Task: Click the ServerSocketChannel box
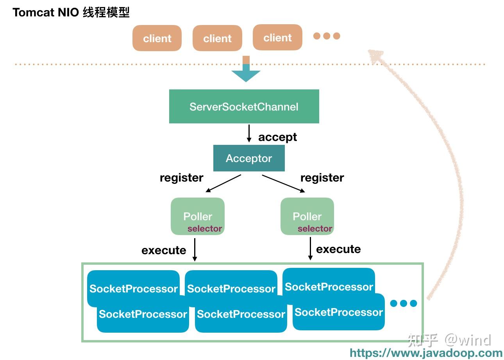[x=244, y=107]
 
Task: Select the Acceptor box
[x=249, y=159]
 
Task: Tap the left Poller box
[x=198, y=216]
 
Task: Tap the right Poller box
[x=307, y=216]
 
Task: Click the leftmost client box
[x=157, y=38]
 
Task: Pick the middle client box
[x=217, y=38]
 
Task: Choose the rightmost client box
[x=277, y=37]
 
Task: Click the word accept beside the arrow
[x=277, y=137]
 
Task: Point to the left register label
[x=181, y=178]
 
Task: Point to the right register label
[x=322, y=178]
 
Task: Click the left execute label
[x=164, y=250]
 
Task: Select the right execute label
[x=338, y=249]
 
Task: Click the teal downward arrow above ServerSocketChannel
[x=246, y=73]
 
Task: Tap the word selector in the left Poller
[x=205, y=229]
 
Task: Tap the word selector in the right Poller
[x=315, y=229]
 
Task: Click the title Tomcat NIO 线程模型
[x=71, y=12]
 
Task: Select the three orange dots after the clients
[x=327, y=36]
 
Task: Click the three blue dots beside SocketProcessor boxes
[x=404, y=303]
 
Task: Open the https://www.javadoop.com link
[x=426, y=353]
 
